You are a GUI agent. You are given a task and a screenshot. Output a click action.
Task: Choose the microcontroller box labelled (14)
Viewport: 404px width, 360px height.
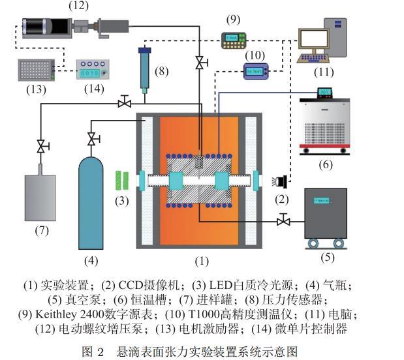point(91,67)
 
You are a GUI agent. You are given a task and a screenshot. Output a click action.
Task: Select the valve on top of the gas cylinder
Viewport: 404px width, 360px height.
point(92,139)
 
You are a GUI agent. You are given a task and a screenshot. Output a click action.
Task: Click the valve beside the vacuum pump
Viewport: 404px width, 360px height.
point(283,222)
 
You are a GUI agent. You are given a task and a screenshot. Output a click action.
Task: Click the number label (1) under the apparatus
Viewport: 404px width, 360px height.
point(202,262)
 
